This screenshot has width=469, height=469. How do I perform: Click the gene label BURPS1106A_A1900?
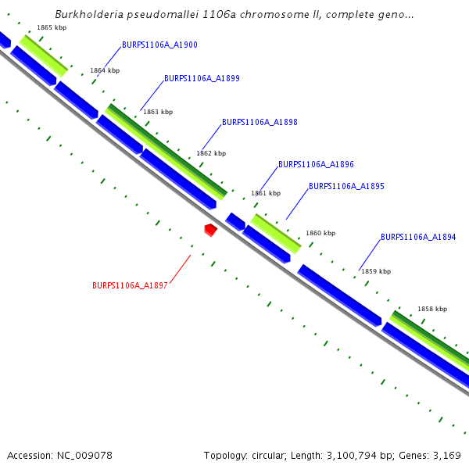[159, 45]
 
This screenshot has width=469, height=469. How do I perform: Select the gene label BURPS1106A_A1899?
[202, 79]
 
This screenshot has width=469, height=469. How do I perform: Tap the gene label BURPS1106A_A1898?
[260, 123]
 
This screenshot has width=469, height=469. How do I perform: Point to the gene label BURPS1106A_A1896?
[316, 165]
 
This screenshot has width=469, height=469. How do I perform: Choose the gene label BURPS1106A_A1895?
[346, 187]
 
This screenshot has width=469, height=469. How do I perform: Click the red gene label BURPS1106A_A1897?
[130, 286]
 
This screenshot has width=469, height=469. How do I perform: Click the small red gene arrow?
[210, 230]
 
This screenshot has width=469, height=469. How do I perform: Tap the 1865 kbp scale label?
[52, 28]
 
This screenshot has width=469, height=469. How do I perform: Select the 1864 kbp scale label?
[105, 71]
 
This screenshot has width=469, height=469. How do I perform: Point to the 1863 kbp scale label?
[158, 113]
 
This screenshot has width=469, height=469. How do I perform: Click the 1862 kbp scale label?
[211, 154]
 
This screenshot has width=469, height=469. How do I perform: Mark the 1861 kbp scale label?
[265, 194]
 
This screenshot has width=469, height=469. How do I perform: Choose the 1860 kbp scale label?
[320, 234]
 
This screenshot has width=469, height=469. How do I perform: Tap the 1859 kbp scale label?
[375, 272]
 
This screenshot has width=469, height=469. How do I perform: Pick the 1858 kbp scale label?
[432, 310]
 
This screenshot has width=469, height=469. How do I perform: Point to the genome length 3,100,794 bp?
[352, 455]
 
